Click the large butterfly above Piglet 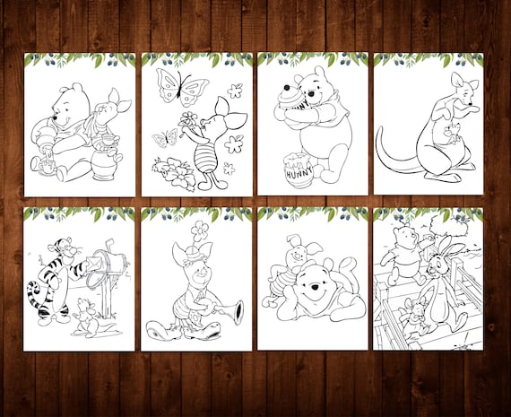[182, 87]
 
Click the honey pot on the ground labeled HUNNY [299, 170]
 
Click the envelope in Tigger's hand [94, 263]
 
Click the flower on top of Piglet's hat [199, 230]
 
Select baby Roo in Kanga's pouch [452, 134]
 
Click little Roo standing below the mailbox [88, 317]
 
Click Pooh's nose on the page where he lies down [315, 287]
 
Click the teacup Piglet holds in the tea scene [108, 139]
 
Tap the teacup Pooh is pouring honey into [46, 167]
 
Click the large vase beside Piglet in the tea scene [104, 164]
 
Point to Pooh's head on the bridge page [404, 235]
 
